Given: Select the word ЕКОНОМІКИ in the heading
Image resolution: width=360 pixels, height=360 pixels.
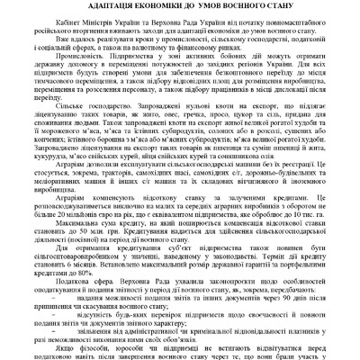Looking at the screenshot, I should coord(147,7).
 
